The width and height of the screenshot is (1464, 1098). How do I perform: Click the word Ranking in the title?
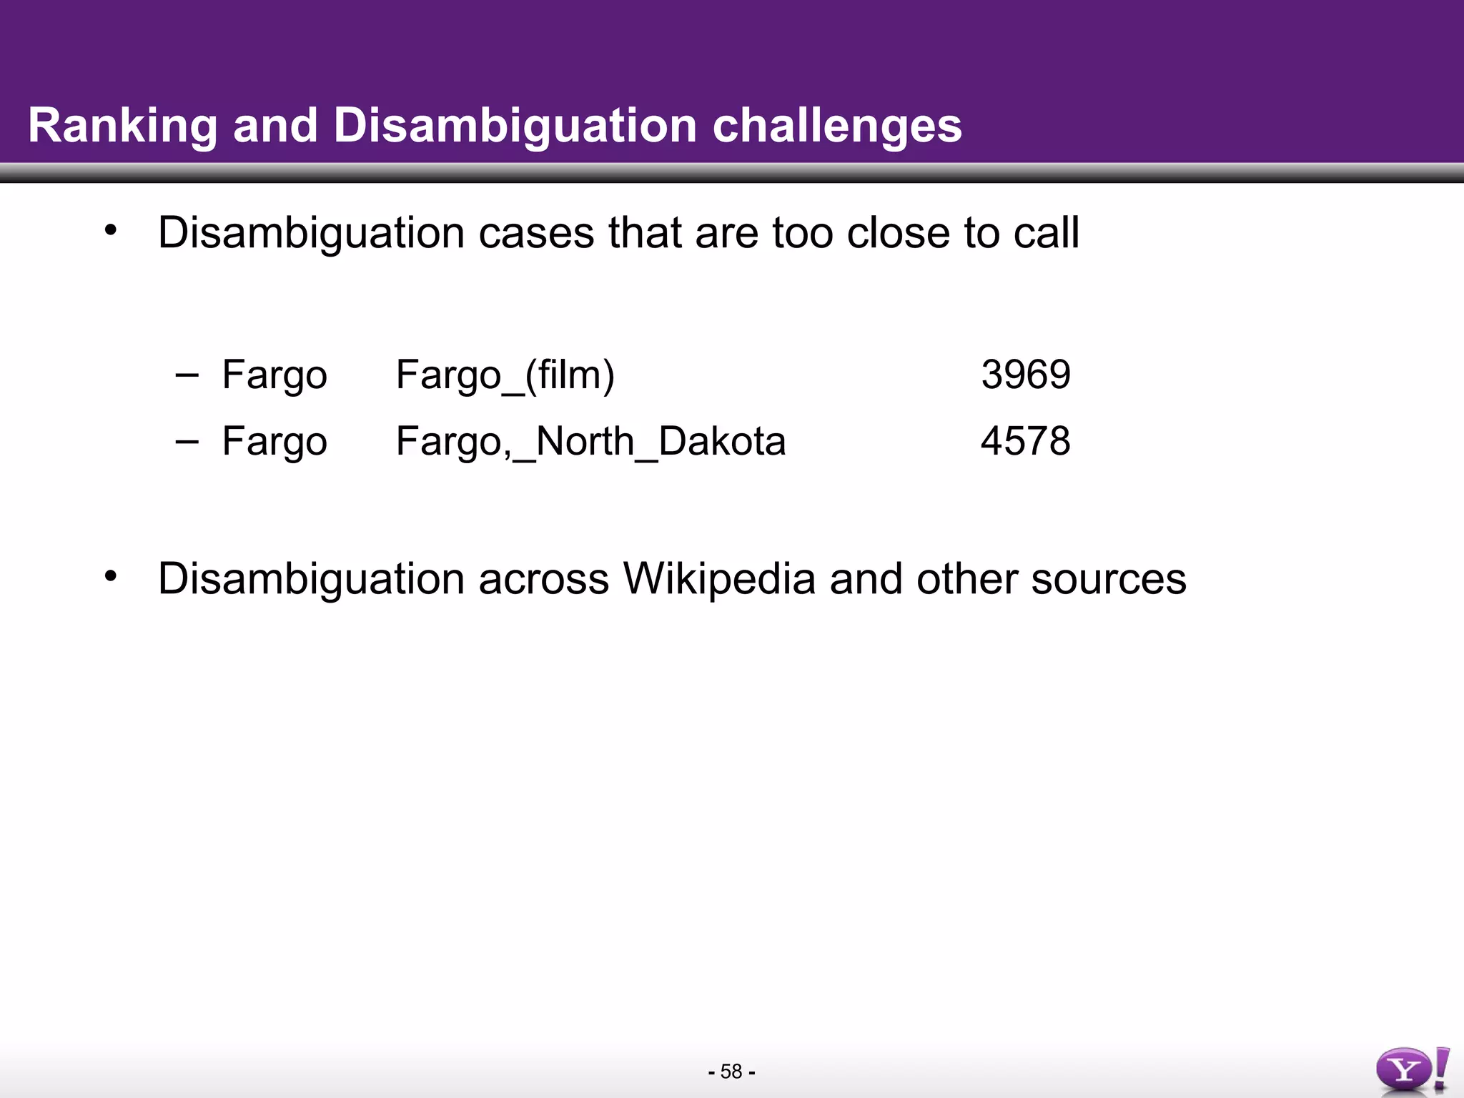point(122,127)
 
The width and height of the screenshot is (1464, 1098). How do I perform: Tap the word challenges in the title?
point(837,127)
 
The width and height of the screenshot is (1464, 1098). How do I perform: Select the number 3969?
point(1026,375)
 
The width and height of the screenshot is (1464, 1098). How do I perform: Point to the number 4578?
point(1026,441)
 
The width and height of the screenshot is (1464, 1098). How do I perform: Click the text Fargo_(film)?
point(505,375)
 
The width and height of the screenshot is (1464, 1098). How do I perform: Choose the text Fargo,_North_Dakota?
point(590,442)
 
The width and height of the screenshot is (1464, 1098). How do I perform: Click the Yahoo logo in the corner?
point(1412,1069)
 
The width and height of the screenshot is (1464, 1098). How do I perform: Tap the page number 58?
point(731,1072)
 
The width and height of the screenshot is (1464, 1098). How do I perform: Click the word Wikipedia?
point(719,578)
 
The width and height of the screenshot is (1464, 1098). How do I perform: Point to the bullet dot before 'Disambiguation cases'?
point(109,230)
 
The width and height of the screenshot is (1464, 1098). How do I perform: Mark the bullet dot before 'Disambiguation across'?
point(109,575)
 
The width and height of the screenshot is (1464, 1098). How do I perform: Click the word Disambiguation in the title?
point(515,127)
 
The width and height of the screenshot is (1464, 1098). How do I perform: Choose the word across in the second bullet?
point(543,580)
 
